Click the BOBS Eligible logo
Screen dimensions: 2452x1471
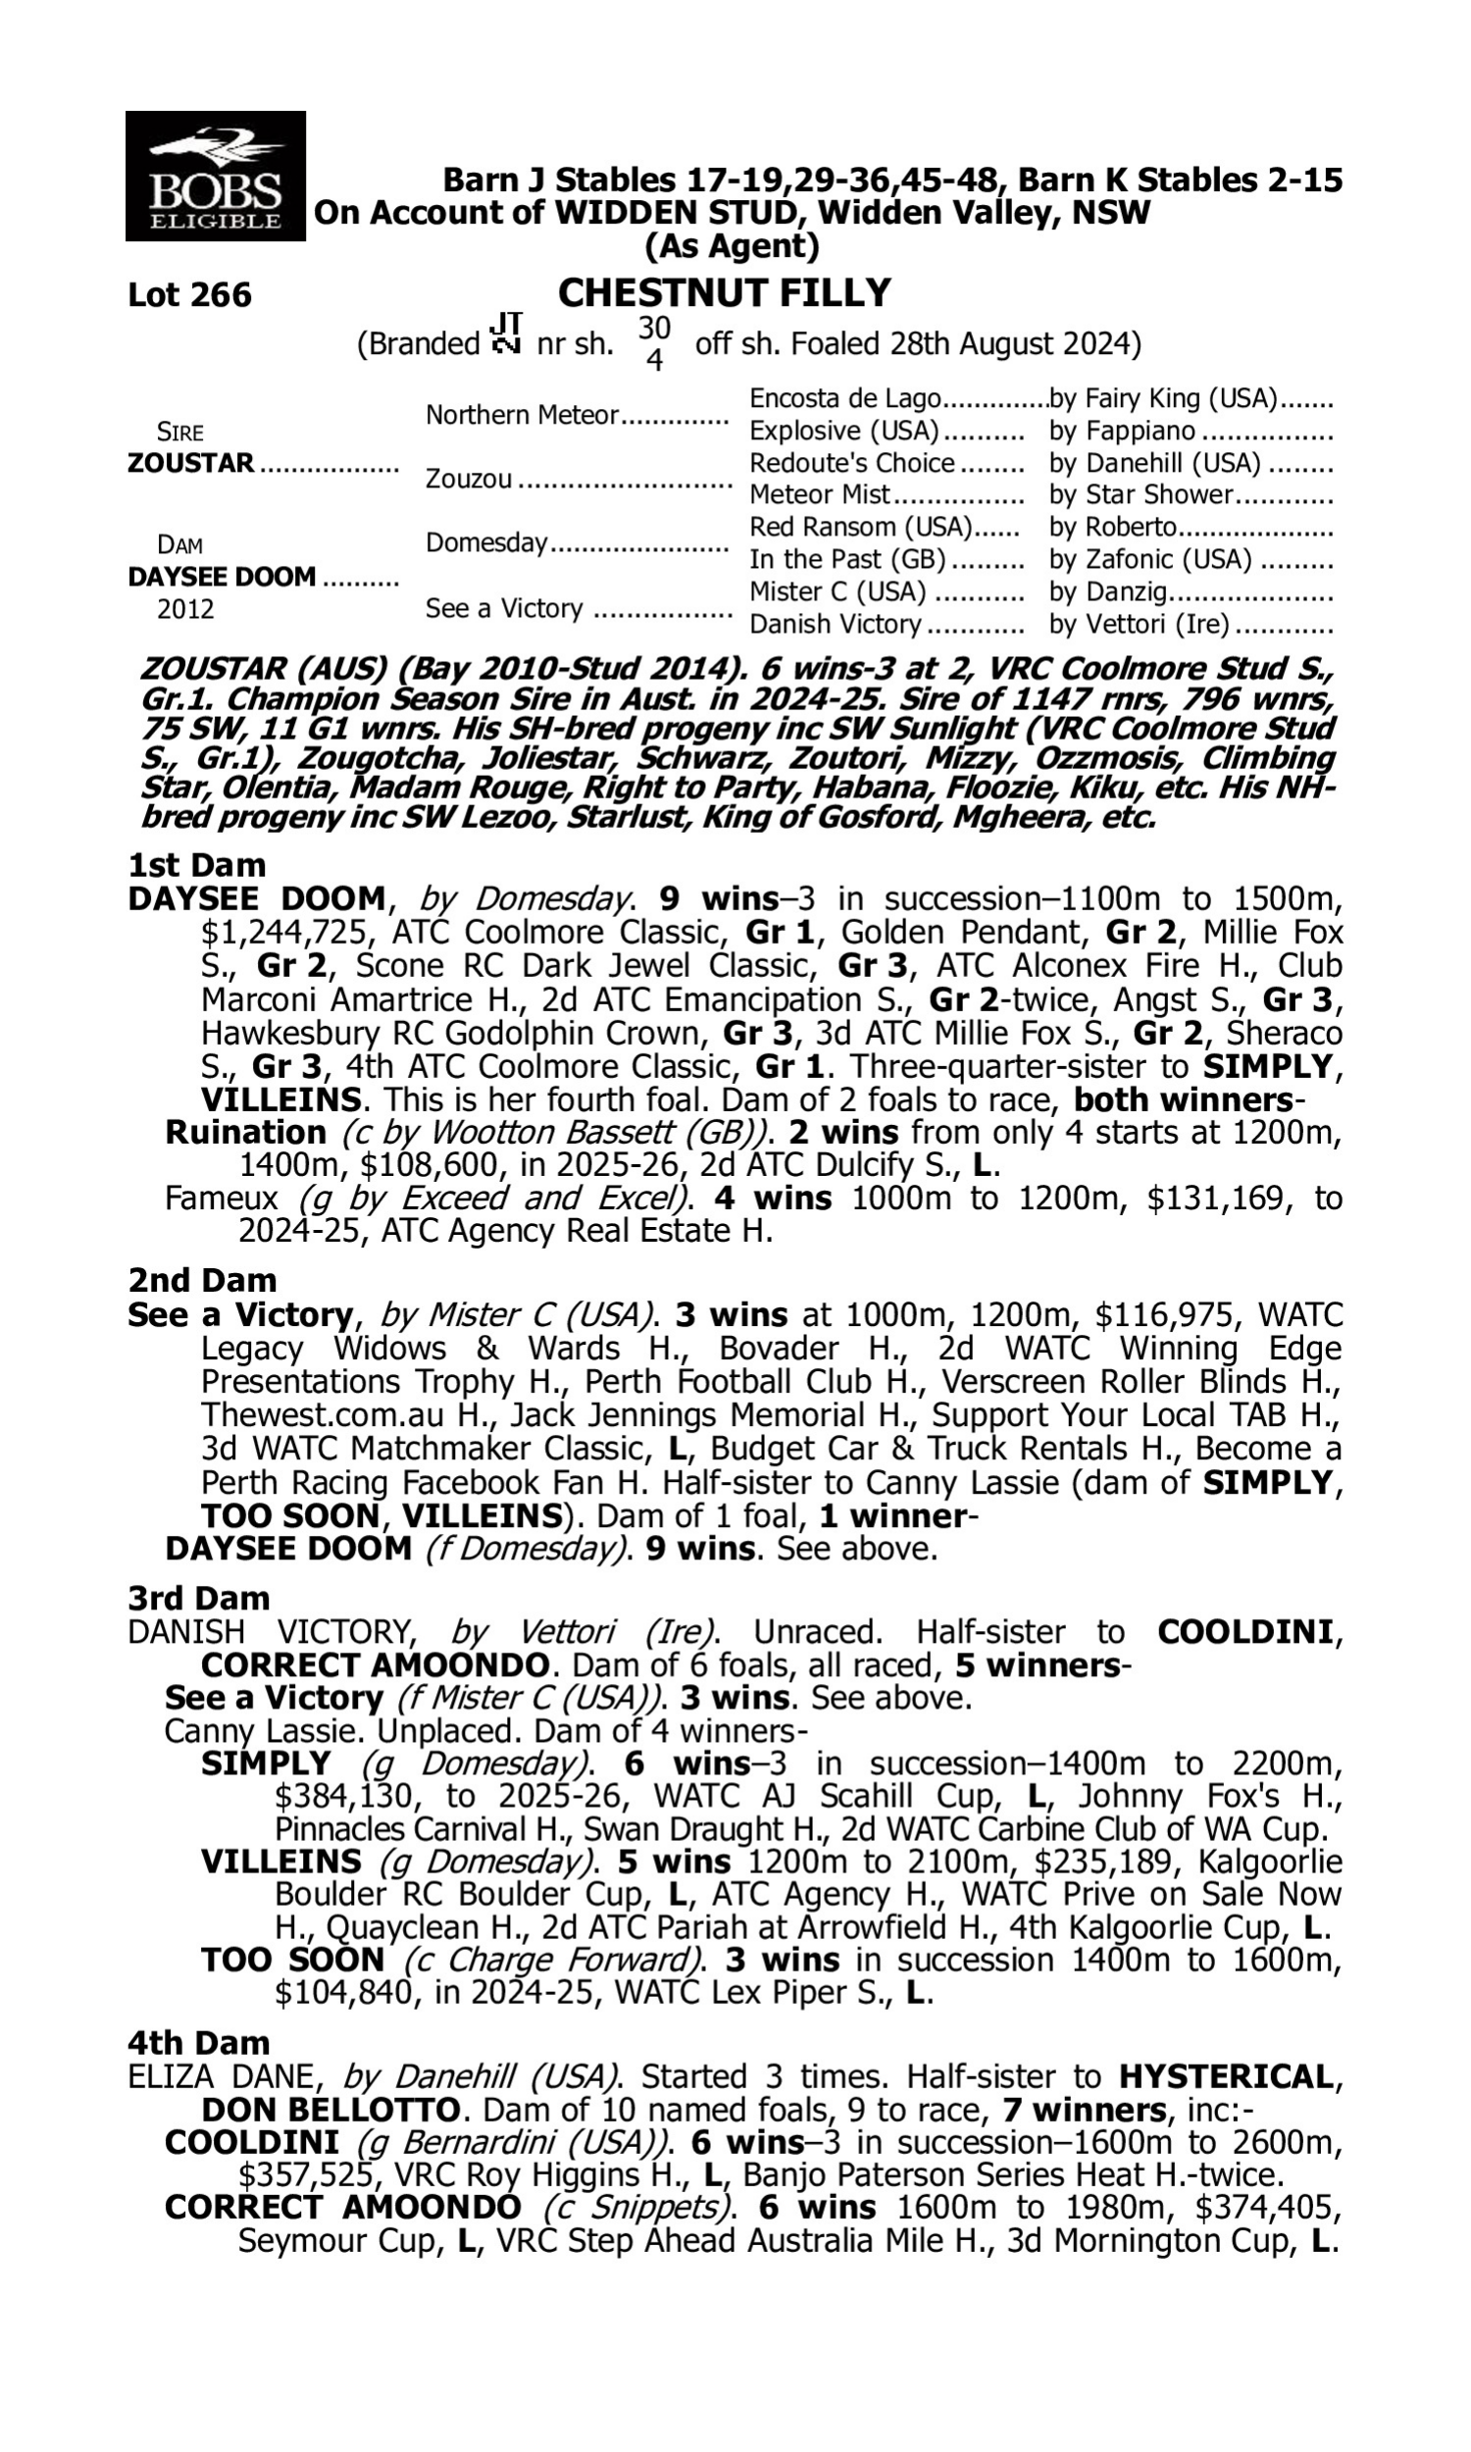pos(215,177)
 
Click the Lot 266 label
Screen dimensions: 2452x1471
pos(189,295)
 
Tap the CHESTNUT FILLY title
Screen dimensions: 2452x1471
pos(724,293)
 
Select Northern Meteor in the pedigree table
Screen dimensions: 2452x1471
pos(522,415)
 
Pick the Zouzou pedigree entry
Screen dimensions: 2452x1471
pos(469,480)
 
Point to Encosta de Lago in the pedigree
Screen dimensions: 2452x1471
pos(844,399)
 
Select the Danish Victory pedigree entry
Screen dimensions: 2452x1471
pos(836,625)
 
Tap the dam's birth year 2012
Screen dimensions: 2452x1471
pos(185,608)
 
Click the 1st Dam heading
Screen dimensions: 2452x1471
pos(196,865)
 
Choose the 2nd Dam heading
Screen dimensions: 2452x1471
pos(201,1281)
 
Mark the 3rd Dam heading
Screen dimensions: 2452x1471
pos(198,1599)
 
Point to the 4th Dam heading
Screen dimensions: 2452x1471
pos(198,2043)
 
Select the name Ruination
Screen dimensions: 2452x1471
pos(245,1133)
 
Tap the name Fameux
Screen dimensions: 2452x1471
pos(221,1199)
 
